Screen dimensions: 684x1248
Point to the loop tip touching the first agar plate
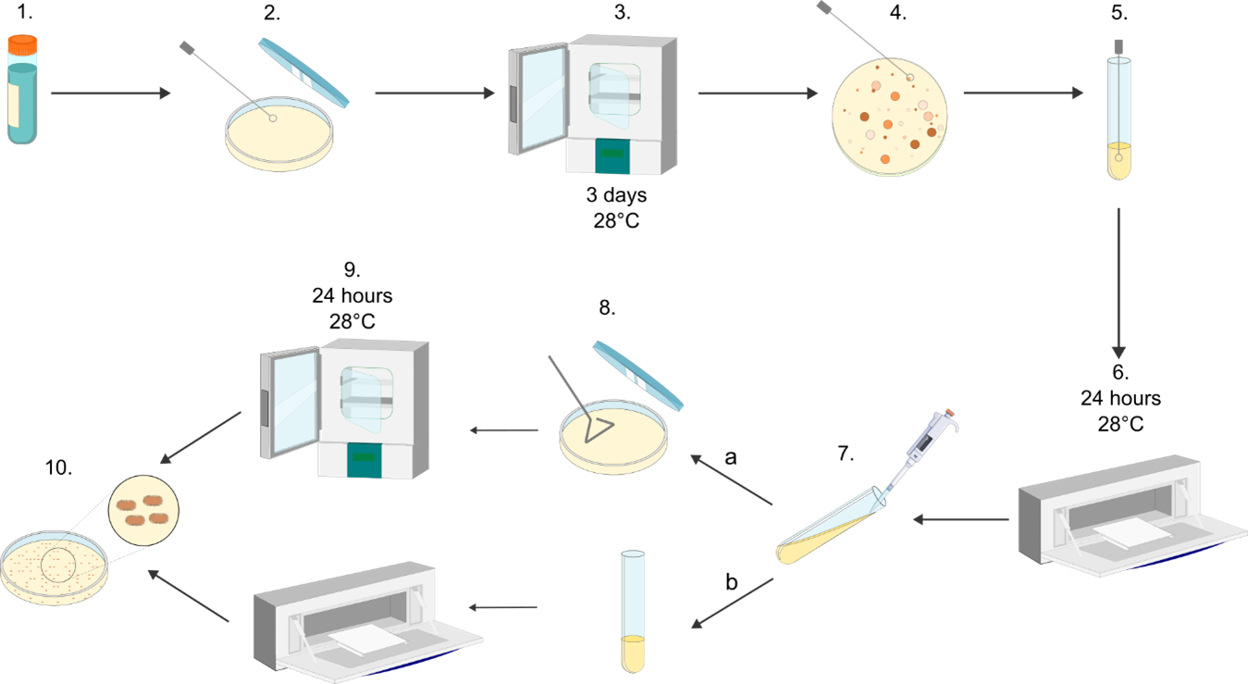pos(273,118)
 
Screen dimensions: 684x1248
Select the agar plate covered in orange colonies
pos(889,116)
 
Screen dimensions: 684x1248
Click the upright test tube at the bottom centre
pos(633,611)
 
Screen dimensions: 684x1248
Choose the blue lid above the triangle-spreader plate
pos(637,376)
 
